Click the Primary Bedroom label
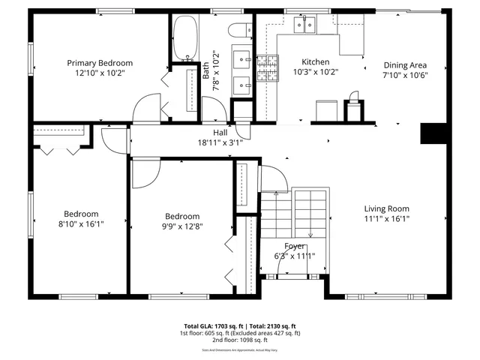[x=100, y=63]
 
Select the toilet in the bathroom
[x=241, y=31]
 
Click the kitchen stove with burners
[x=268, y=69]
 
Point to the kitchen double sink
[x=305, y=25]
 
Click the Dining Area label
[x=406, y=65]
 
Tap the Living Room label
[x=386, y=208]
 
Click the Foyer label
[x=295, y=246]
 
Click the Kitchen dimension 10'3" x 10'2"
[x=315, y=73]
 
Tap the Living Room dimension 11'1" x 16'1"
[x=386, y=219]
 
